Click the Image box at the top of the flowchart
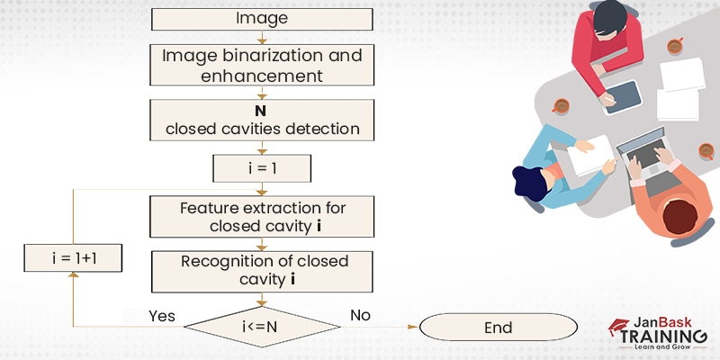[262, 19]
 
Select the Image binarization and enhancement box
[262, 66]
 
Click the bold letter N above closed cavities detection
[262, 110]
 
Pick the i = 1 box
[262, 167]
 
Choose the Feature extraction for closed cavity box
[262, 217]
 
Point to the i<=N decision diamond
[262, 327]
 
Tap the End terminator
[498, 327]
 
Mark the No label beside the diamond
[359, 315]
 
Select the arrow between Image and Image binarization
[262, 38]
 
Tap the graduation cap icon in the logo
[618, 326]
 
